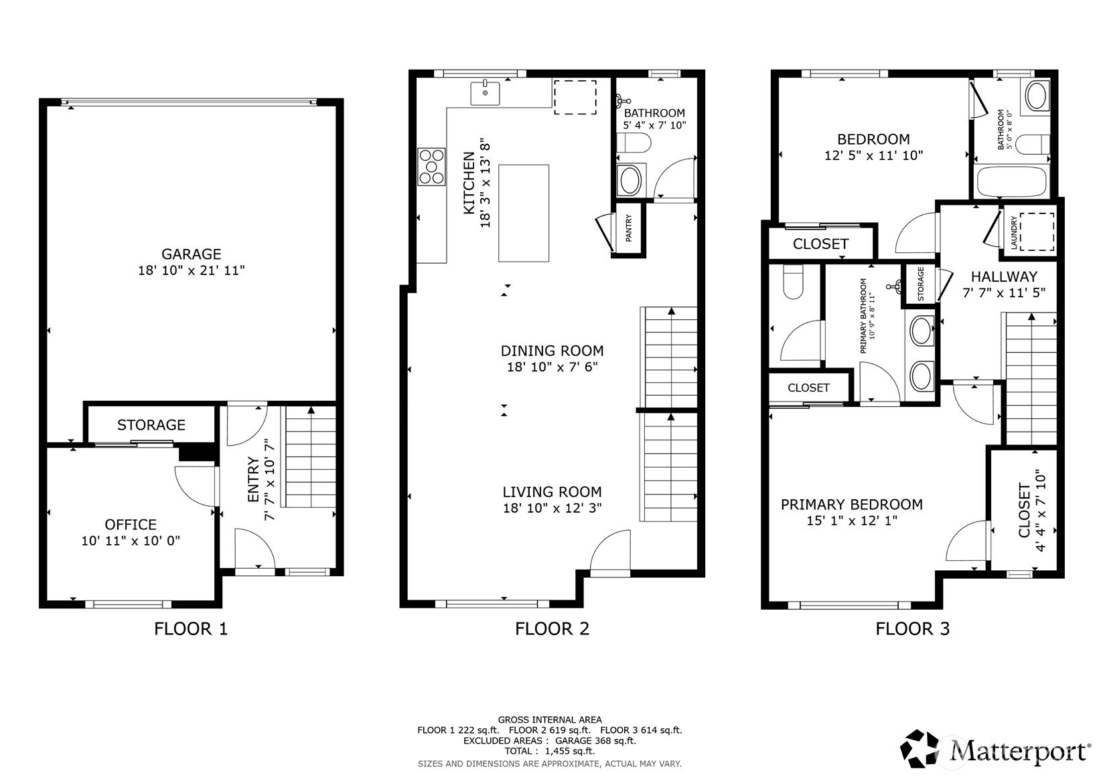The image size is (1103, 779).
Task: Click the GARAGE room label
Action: click(191, 254)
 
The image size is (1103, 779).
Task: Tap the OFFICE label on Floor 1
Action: click(131, 524)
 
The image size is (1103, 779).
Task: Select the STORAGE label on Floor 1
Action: click(151, 425)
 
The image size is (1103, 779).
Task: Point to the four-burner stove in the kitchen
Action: click(431, 167)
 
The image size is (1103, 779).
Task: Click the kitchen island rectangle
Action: click(524, 213)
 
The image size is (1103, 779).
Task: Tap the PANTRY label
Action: click(628, 228)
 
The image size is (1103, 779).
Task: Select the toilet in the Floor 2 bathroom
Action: click(634, 143)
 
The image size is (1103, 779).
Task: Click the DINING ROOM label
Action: click(552, 351)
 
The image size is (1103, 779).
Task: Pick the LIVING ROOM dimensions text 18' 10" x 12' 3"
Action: click(552, 508)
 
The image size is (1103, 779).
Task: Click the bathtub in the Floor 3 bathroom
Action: click(1012, 181)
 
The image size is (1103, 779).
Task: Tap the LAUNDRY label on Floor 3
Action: click(1014, 233)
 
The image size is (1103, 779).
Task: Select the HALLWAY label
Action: click(1004, 276)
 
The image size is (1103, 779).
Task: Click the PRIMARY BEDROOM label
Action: click(852, 505)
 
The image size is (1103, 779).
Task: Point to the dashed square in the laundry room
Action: click(1037, 232)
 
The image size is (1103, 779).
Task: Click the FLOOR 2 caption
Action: click(552, 628)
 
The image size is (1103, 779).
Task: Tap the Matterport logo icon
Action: click(920, 750)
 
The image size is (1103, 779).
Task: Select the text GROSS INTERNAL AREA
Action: click(550, 719)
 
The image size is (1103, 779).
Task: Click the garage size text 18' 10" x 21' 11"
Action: click(191, 270)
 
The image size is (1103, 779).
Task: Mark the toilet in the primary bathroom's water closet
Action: click(793, 282)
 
